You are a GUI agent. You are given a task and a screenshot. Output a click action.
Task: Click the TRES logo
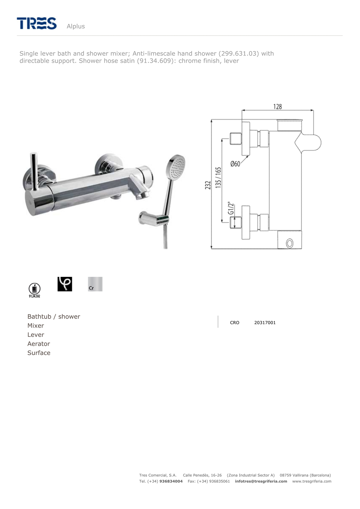point(37,23)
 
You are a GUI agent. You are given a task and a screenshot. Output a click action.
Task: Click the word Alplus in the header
point(76,26)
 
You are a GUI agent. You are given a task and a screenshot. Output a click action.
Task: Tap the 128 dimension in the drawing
point(277,106)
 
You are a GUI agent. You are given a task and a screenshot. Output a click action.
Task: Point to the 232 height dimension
point(208,185)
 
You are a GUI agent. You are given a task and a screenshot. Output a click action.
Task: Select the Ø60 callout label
point(235,163)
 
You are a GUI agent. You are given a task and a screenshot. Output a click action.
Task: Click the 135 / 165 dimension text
point(218,178)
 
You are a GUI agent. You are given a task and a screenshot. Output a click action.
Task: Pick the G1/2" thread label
point(230,208)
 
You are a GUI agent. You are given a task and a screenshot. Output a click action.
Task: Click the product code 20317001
point(265,323)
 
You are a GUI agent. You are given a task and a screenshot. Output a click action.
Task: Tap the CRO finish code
point(235,323)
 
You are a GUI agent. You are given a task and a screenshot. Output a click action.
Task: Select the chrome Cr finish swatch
point(95,284)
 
